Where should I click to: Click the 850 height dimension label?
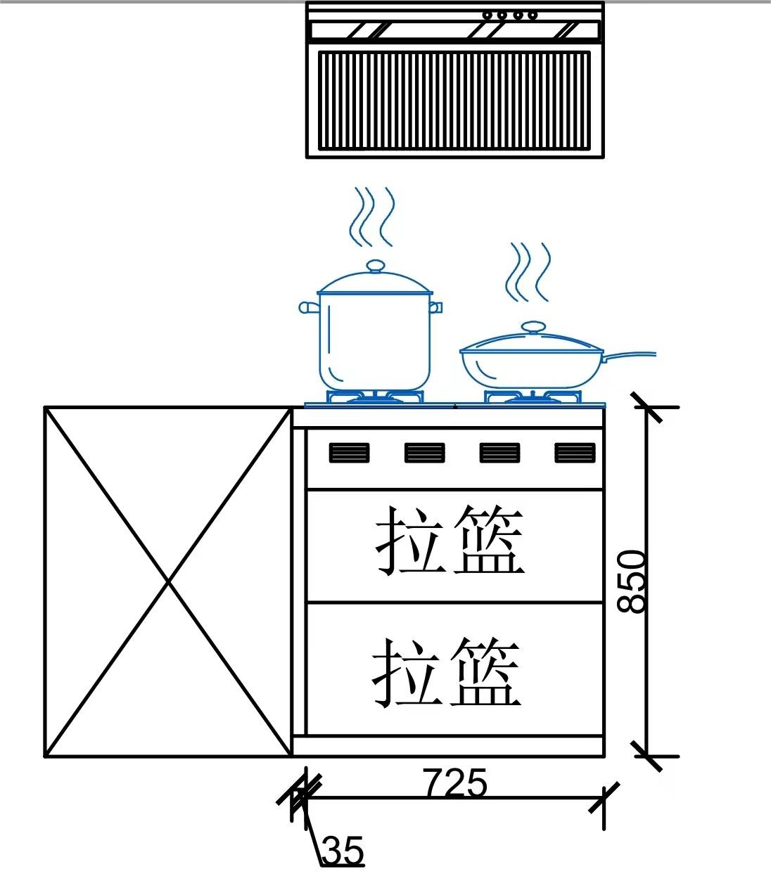pos(631,581)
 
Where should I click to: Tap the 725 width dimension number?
pos(454,782)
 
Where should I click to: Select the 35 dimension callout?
pos(344,851)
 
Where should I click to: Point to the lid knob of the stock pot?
pos(376,266)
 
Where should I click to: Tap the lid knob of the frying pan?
pos(533,327)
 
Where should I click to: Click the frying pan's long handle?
pos(630,355)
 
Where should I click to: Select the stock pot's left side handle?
pos(309,307)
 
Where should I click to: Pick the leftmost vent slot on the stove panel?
pos(349,453)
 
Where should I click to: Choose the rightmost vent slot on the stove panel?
pos(575,453)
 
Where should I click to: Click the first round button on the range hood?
pos(486,15)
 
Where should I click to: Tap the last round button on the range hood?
pos(533,15)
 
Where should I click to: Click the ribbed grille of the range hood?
pos(454,100)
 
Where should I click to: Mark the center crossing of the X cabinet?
pos(168,581)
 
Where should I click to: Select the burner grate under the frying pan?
pos(533,398)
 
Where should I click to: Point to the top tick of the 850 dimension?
pos(646,406)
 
